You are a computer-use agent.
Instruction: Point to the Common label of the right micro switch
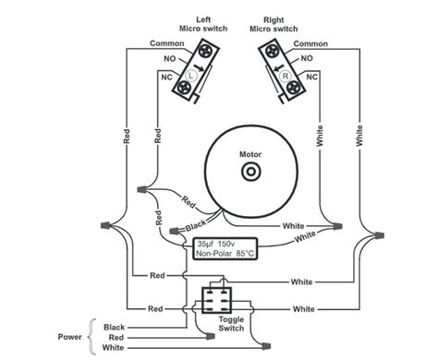click(x=310, y=43)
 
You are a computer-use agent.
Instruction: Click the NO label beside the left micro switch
click(x=169, y=58)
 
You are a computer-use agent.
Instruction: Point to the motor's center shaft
click(x=249, y=173)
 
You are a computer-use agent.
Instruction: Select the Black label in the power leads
click(x=116, y=327)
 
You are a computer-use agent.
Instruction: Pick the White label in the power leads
click(x=116, y=348)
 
